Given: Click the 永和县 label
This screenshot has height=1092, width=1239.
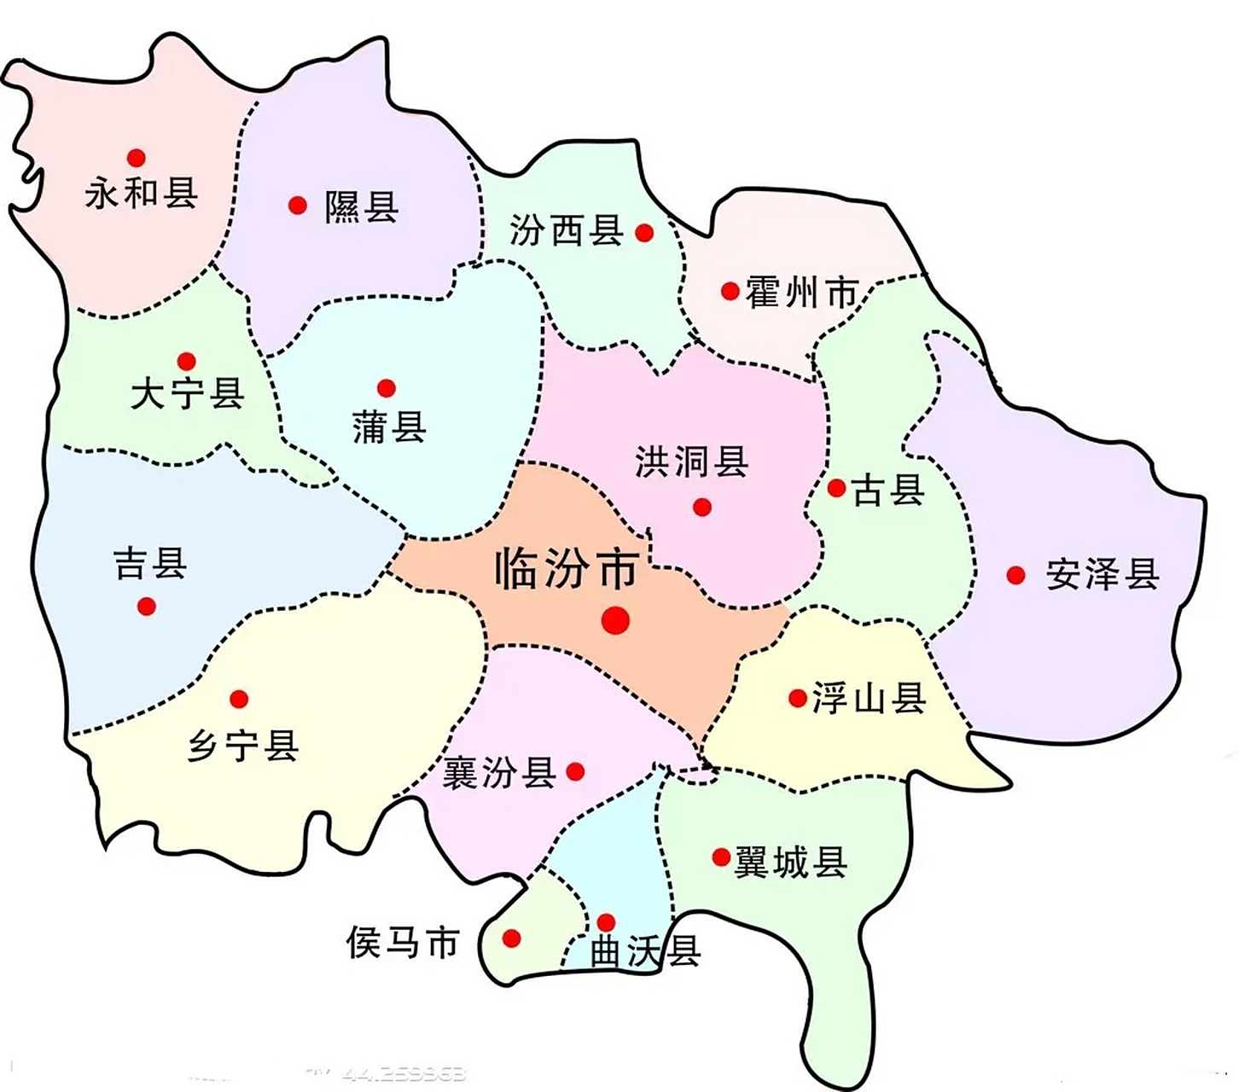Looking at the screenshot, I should pos(142,194).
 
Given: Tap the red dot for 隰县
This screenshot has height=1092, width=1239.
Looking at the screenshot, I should pos(297,206).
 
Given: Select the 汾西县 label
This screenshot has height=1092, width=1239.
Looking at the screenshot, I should pos(566,231).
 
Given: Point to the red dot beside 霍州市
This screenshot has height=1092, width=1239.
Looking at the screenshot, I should pos(730,292).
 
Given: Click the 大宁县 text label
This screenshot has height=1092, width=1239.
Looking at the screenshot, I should pos(188,395).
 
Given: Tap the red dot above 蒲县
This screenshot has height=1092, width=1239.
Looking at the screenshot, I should pos(387,389).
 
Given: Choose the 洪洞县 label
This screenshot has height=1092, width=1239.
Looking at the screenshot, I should pos(691,462).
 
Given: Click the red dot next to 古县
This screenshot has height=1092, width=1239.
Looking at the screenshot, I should pos(837,489).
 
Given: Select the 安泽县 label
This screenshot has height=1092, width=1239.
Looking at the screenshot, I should pos(1102,576).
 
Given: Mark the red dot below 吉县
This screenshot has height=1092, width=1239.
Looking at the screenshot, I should pos(147,607).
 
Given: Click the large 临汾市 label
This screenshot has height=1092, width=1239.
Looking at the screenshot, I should pos(567,569).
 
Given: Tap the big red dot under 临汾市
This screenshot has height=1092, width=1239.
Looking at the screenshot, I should pos(615,620).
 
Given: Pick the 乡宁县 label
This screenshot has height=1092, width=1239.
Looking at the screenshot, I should pos(243,746).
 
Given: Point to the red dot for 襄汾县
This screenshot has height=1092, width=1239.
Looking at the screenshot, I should pos(576,772).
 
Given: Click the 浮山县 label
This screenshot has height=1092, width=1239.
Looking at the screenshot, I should pos(869,700).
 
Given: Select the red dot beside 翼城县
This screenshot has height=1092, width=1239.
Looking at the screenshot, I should pos(721,857).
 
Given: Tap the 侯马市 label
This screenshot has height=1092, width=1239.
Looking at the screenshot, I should pos(403,943).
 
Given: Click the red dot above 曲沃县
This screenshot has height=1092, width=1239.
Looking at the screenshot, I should pos(606,922).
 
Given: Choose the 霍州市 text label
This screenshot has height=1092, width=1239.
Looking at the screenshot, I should pos(801,293).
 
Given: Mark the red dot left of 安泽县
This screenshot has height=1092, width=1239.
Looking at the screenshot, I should pos(1015,576).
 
